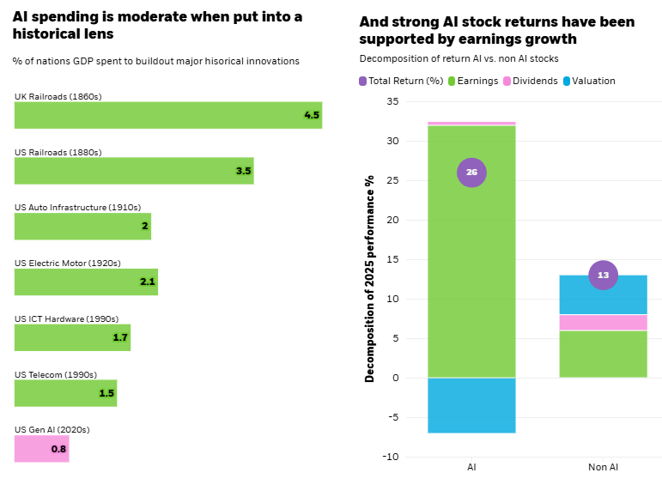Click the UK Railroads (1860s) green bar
167,115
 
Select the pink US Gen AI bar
41,448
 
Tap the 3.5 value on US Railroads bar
243,171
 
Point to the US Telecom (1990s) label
56,374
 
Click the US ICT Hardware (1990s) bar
72,337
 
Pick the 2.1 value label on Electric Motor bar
147,282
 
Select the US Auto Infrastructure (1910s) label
77,207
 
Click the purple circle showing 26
471,173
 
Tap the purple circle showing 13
603,276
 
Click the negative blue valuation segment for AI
471,405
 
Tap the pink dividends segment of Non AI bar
603,322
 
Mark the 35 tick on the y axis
392,101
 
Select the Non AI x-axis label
603,468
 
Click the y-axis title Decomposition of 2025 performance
370,279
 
